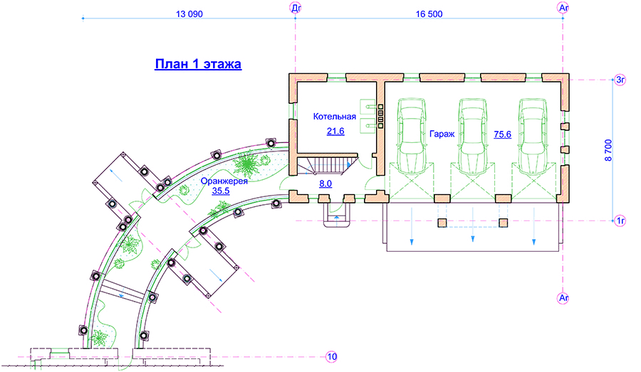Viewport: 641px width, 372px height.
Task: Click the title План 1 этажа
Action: pyautogui.click(x=198, y=64)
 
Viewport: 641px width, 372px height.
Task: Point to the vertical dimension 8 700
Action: pyautogui.click(x=608, y=151)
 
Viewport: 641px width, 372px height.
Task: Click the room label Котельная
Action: pyautogui.click(x=334, y=116)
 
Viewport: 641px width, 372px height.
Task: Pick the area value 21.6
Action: pyautogui.click(x=335, y=131)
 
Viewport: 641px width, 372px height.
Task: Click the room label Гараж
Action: pyautogui.click(x=442, y=134)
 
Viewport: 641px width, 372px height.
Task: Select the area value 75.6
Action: pyautogui.click(x=501, y=134)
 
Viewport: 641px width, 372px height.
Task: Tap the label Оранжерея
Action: pyautogui.click(x=224, y=180)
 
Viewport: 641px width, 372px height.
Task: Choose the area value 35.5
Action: pyautogui.click(x=222, y=190)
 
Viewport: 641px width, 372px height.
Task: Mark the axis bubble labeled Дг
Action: pyautogui.click(x=296, y=7)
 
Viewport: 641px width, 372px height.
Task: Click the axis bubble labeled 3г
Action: pyautogui.click(x=620, y=80)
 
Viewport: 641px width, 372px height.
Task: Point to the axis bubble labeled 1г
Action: pyautogui.click(x=620, y=221)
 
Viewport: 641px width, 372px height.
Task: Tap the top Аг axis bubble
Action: pyautogui.click(x=563, y=7)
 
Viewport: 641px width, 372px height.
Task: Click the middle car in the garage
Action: pyautogui.click(x=472, y=135)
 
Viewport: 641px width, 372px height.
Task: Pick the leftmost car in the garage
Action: pyautogui.click(x=412, y=135)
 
